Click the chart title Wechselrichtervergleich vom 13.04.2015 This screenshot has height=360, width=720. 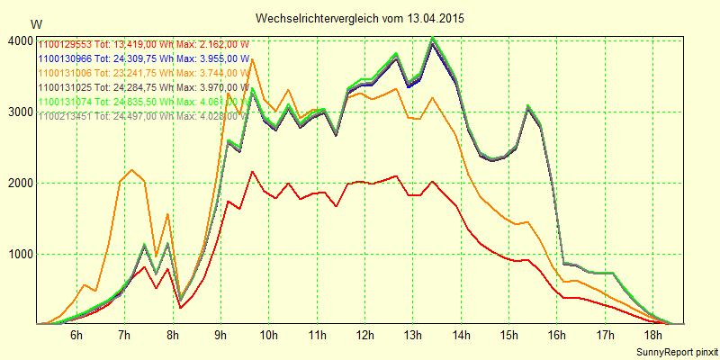pyautogui.click(x=360, y=18)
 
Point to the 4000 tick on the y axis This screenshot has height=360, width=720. pyautogui.click(x=18, y=41)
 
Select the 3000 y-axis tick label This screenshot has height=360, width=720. pyautogui.click(x=18, y=112)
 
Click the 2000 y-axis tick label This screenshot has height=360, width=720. pyautogui.click(x=18, y=184)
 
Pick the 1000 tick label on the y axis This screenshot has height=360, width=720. pyautogui.click(x=18, y=255)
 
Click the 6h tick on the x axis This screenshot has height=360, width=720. pyautogui.click(x=76, y=336)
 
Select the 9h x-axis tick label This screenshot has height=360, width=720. pyautogui.click(x=220, y=336)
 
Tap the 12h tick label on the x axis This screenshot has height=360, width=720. pyautogui.click(x=364, y=336)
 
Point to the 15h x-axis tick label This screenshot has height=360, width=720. pyautogui.click(x=509, y=336)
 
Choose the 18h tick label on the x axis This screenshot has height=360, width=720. pyautogui.click(x=653, y=336)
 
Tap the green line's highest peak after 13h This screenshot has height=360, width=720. pyautogui.click(x=433, y=38)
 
